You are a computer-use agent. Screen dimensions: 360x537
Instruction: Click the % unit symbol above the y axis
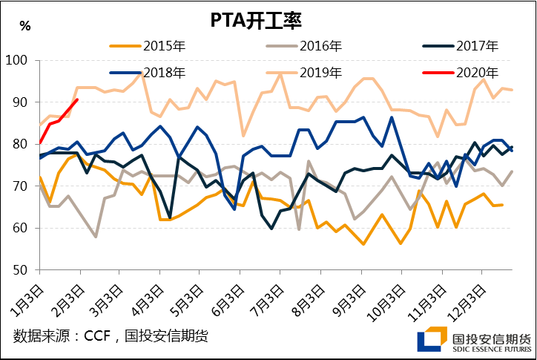click(x=25, y=27)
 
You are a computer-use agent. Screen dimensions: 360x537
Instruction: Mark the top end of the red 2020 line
click(x=77, y=99)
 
